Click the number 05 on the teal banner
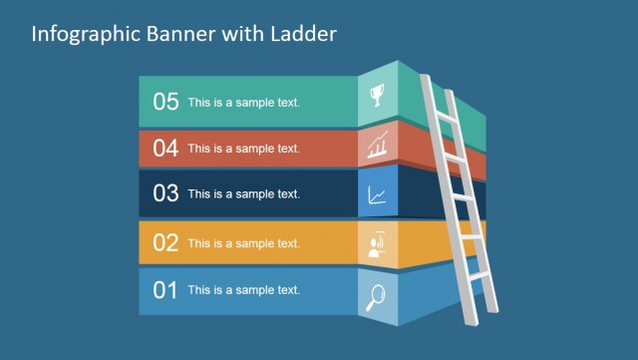tap(165, 101)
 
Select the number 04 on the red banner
tap(165, 149)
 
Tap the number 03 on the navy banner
tap(165, 193)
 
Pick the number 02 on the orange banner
tap(165, 242)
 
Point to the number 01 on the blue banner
tap(165, 290)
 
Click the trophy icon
tap(377, 97)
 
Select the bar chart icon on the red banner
tap(378, 148)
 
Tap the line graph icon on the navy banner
tap(378, 194)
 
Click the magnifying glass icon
tap(376, 297)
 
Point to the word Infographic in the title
tap(80, 34)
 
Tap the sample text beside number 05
tap(243, 102)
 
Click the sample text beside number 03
tap(243, 194)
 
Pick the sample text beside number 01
tap(243, 290)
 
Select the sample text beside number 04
tap(243, 149)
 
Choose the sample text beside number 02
tap(243, 242)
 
